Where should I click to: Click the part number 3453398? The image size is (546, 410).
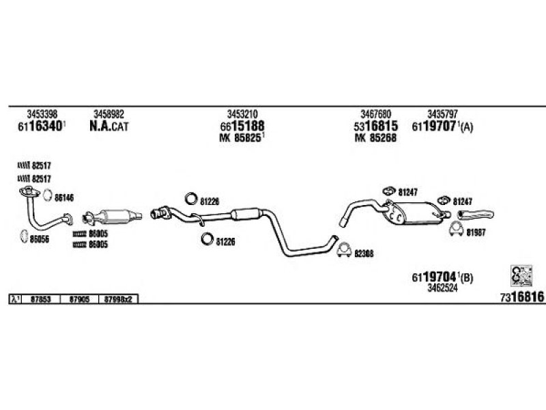42,113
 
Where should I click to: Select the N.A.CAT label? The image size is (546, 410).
109,126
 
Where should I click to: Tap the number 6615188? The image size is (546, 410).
242,126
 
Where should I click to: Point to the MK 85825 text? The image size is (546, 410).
242,137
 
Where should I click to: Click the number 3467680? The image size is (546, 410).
375,113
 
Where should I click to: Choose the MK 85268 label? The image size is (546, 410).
375,137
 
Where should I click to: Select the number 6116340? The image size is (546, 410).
40,126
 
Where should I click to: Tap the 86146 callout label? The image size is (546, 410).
63,197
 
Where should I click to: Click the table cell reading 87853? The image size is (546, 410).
42,299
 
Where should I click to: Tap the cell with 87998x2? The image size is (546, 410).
121,299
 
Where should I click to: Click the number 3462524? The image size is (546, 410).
442,288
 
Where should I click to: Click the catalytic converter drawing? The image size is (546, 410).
113,216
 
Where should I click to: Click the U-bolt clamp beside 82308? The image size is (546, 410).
345,250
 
